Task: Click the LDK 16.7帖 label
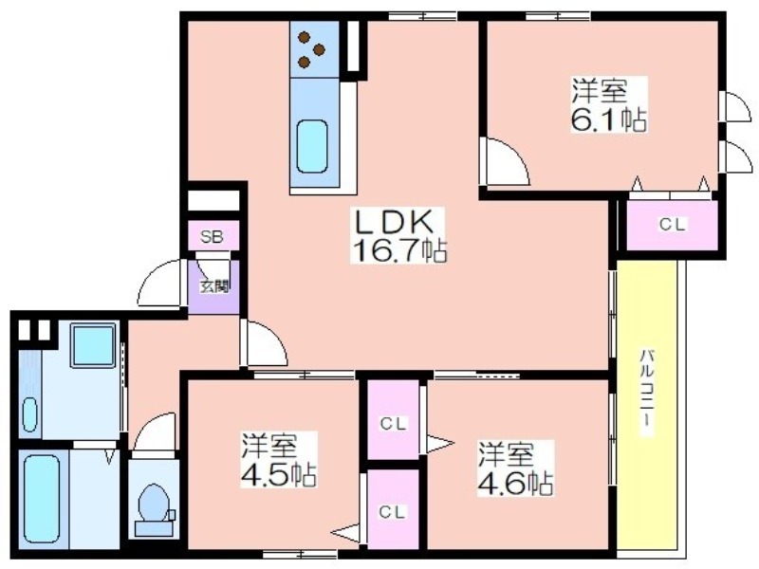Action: pos(398,236)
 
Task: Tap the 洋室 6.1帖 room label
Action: pos(608,104)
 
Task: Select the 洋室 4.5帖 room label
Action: pos(279,460)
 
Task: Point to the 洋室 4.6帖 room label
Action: pos(515,468)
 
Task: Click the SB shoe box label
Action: pos(213,238)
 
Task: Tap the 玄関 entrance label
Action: pos(214,286)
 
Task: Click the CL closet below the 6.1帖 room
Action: pos(673,225)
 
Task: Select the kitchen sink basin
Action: pos(312,146)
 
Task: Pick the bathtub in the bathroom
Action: pos(42,499)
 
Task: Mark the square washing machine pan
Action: pos(94,345)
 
